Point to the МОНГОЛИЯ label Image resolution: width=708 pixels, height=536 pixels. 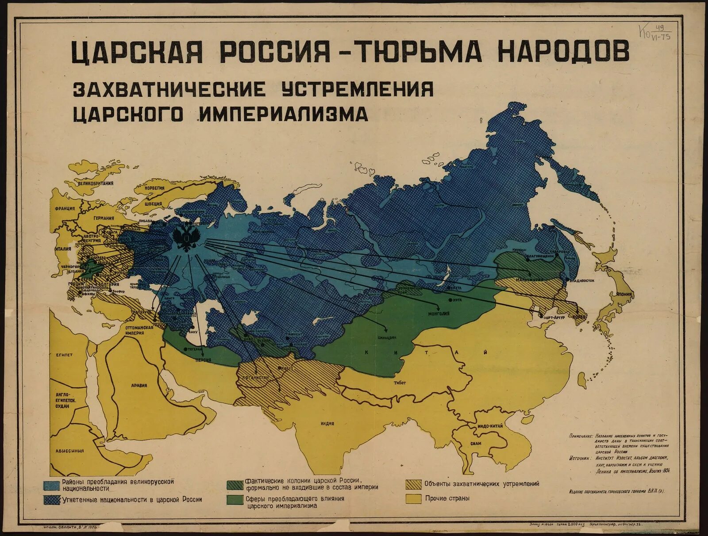439,314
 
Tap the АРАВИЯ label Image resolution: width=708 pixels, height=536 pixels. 139,385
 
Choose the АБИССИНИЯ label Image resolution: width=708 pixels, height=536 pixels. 69,451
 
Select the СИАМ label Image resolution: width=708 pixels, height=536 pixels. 476,443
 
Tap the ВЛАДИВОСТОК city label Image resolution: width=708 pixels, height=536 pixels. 581,280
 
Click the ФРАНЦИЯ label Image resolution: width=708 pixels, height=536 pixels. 65,210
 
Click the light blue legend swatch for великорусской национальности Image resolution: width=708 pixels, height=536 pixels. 52,485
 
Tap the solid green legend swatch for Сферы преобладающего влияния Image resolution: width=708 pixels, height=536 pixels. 235,500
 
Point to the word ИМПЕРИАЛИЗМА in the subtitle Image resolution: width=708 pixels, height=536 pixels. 284,115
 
